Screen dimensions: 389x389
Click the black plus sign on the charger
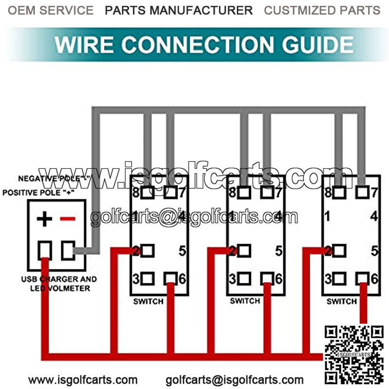pyautogui.click(x=44, y=219)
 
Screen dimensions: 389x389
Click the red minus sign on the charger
pyautogui.click(x=68, y=219)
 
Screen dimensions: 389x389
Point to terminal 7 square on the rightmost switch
pyautogui.click(x=361, y=192)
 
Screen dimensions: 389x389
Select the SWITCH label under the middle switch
pyautogui.click(x=245, y=301)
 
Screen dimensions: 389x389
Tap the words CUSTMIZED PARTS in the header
pyautogui.click(x=322, y=10)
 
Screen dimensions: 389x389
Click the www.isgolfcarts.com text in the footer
pyautogui.click(x=83, y=380)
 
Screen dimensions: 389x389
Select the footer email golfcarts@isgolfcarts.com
pyautogui.click(x=234, y=380)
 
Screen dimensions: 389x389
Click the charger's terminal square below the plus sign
pyautogui.click(x=45, y=250)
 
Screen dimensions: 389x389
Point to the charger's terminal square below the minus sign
pyautogui.click(x=67, y=250)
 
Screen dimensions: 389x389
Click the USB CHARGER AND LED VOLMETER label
pyautogui.click(x=58, y=284)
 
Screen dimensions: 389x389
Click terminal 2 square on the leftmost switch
pyautogui.click(x=147, y=251)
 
